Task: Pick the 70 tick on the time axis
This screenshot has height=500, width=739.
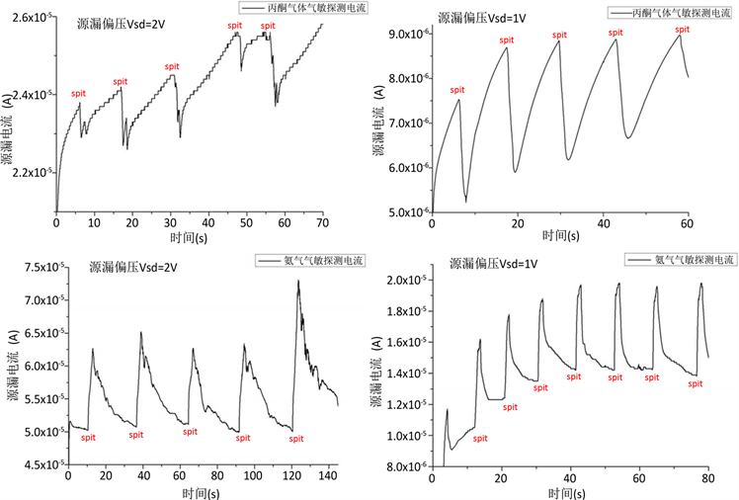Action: click(322, 225)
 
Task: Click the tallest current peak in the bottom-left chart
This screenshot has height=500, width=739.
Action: click(298, 281)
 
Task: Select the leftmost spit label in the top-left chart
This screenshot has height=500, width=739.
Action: click(79, 93)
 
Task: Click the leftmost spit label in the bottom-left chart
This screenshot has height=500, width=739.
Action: click(88, 438)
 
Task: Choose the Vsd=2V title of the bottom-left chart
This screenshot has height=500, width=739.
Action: click(132, 266)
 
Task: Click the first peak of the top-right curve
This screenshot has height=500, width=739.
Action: click(459, 99)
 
